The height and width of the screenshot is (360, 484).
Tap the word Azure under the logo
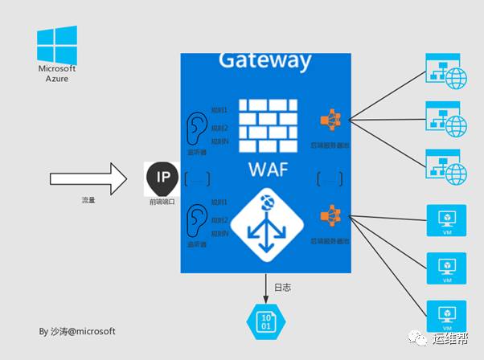(x=57, y=80)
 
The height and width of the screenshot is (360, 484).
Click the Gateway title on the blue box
(x=265, y=60)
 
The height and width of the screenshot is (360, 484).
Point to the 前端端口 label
(x=162, y=202)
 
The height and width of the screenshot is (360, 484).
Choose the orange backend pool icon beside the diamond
(x=330, y=216)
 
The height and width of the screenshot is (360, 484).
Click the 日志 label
(x=282, y=287)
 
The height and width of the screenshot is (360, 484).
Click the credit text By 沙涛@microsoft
(x=77, y=330)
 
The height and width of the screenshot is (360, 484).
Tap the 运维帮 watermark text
(x=455, y=338)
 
